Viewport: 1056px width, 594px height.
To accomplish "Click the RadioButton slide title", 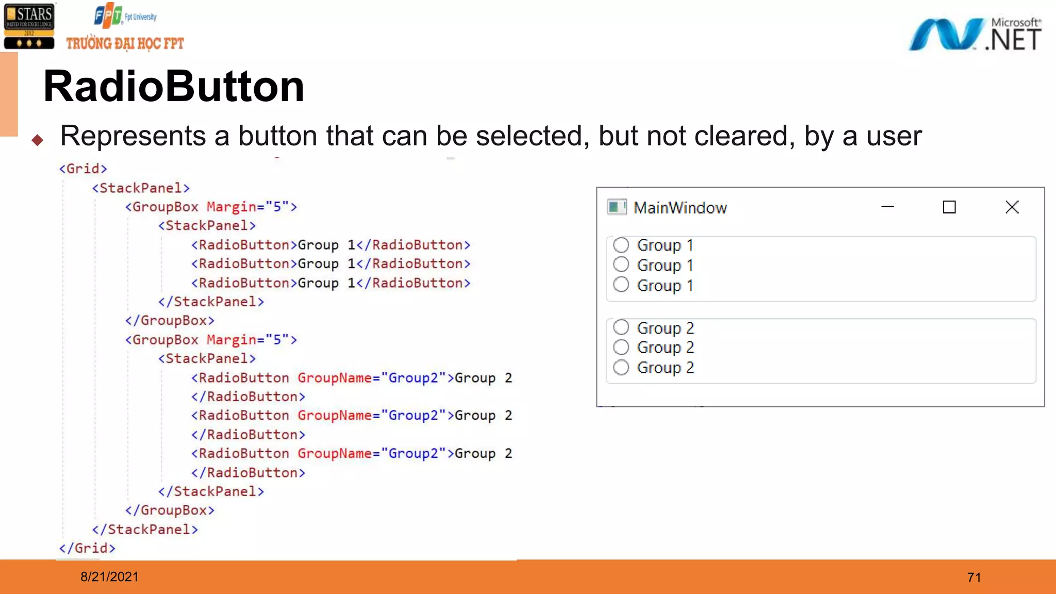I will [174, 87].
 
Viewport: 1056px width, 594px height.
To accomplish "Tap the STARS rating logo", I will [29, 27].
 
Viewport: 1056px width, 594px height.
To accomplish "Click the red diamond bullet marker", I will [37, 140].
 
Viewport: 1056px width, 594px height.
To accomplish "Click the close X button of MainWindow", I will [1012, 207].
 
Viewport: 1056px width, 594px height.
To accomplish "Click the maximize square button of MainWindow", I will [949, 207].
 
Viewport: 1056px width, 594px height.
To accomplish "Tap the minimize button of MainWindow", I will [887, 207].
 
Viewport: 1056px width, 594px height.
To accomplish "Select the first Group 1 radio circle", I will [621, 244].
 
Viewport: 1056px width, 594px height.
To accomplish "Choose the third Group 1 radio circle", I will [621, 285].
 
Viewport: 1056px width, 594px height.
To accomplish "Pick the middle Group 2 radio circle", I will [621, 347].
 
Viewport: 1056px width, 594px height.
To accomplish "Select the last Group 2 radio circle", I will [621, 367].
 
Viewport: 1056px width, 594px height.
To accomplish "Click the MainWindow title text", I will [680, 208].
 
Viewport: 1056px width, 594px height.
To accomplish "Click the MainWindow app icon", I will [616, 207].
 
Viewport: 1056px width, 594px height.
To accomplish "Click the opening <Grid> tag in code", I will [83, 169].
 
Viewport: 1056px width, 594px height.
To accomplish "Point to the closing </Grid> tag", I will [87, 548].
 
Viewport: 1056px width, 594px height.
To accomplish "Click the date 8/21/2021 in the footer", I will [109, 577].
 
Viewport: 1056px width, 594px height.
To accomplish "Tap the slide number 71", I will [974, 577].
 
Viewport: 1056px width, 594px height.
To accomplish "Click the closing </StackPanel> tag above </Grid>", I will [145, 530].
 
